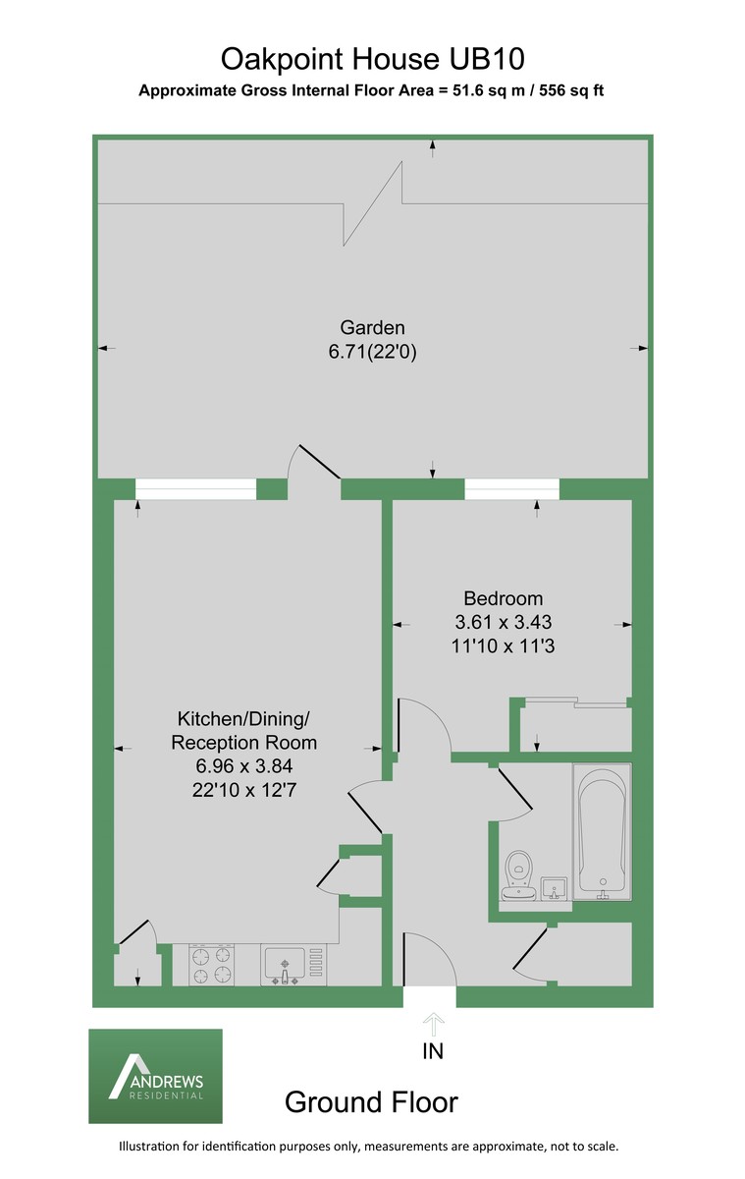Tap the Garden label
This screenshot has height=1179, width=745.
point(372,328)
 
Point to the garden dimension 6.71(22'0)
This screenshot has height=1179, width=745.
point(373,353)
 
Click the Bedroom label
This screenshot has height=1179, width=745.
point(503,597)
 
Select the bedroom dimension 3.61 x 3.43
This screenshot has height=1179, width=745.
point(503,622)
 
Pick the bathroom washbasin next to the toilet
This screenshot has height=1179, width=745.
point(556,886)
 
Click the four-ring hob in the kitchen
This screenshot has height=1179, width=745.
point(212,964)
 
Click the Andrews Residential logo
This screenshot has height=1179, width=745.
point(156,1076)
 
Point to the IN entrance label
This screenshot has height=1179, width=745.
point(433,1051)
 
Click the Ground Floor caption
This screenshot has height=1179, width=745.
point(371,1102)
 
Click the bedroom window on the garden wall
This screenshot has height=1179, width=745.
point(511,488)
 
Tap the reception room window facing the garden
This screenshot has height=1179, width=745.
point(194,488)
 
